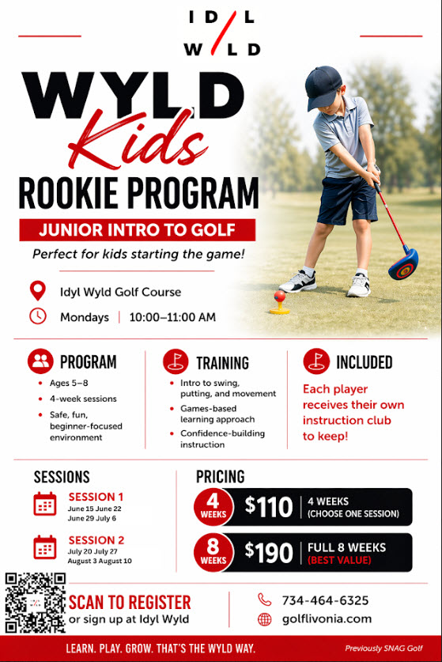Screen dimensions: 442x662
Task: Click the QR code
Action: click(36, 603)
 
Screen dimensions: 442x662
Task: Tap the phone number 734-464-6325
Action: click(325, 600)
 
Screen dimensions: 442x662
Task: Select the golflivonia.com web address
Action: click(327, 619)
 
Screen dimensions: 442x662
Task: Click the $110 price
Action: click(269, 507)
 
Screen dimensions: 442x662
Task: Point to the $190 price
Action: click(269, 552)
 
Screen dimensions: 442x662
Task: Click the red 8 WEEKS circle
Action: click(213, 553)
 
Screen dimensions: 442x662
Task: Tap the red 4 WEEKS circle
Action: click(213, 507)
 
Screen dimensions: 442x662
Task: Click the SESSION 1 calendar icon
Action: click(45, 504)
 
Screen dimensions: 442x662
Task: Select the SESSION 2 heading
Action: click(96, 540)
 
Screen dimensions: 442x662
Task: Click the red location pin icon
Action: click(38, 290)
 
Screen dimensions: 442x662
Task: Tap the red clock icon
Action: click(38, 316)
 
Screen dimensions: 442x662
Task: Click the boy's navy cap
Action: click(323, 87)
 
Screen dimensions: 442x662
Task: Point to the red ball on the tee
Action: click(279, 296)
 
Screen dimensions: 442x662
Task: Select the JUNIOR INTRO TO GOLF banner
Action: click(138, 230)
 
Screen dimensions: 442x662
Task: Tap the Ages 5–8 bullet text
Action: click(69, 383)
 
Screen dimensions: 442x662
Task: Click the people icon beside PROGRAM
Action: click(40, 361)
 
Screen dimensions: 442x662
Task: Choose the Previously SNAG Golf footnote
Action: click(383, 648)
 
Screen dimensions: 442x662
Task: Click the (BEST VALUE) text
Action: click(339, 560)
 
